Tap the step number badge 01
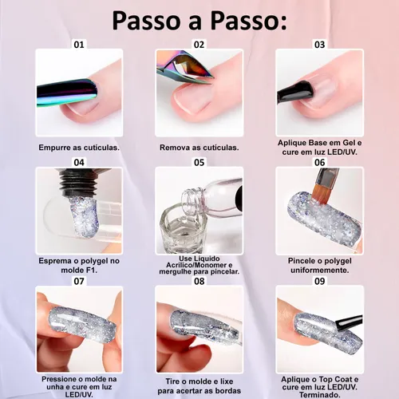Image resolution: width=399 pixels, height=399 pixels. click(x=79, y=45)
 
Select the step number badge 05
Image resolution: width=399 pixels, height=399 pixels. click(x=199, y=162)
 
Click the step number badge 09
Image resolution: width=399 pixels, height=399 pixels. click(x=318, y=281)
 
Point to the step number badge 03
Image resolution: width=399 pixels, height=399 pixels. click(x=318, y=45)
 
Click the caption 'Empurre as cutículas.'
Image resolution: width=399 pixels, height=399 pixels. click(x=79, y=148)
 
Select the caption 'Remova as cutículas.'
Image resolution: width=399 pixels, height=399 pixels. click(x=199, y=148)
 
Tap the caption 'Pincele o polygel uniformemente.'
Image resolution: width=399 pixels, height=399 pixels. click(x=319, y=266)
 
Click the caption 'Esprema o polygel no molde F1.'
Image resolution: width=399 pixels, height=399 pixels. click(x=79, y=266)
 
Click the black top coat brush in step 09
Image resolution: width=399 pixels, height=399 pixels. click(x=343, y=323)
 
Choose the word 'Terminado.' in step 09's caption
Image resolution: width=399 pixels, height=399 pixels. click(x=319, y=393)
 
